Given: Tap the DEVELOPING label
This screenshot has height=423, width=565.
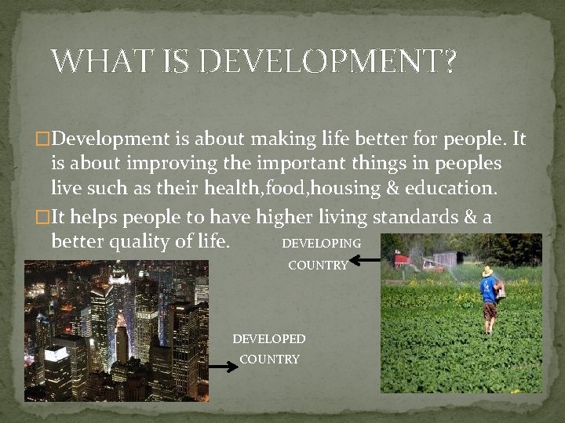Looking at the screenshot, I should [x=321, y=244].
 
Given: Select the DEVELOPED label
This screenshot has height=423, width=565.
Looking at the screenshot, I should [x=269, y=339].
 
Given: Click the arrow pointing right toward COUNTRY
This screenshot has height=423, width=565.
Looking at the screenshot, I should [x=223, y=365].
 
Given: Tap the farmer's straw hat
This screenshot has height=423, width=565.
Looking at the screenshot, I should [x=487, y=272].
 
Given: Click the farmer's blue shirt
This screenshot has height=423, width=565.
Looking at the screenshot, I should [x=489, y=291].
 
